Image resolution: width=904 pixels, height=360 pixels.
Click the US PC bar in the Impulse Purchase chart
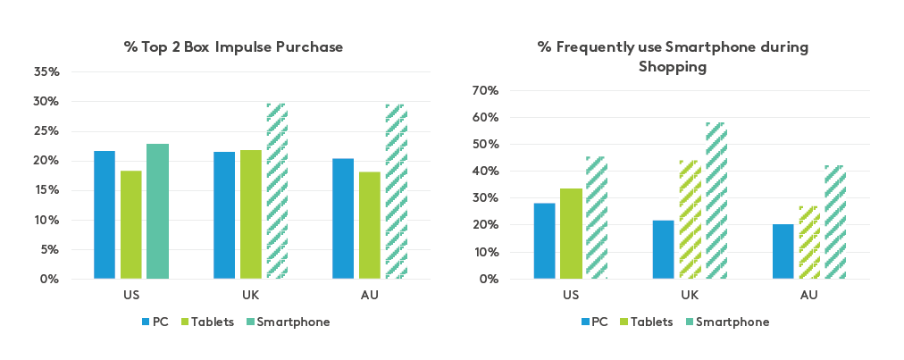tap(105, 215)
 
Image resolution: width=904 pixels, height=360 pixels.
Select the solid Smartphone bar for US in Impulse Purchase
tap(157, 212)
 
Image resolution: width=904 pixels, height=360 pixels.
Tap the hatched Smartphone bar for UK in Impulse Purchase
tap(277, 191)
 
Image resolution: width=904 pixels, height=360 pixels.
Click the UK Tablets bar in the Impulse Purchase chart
tap(250, 214)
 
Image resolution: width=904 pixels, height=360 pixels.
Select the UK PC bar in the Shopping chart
tap(663, 249)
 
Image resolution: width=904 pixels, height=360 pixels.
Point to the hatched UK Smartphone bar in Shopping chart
tap(716, 201)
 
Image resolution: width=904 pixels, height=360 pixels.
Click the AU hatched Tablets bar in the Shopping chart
tap(808, 242)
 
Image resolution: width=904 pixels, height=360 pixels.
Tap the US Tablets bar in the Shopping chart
tap(571, 233)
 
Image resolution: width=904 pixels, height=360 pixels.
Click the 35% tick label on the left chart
tap(47, 71)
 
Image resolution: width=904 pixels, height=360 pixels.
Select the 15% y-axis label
tap(47, 190)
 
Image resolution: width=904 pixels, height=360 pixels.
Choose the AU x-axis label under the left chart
tap(370, 294)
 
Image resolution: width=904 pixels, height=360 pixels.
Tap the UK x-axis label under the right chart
tap(690, 294)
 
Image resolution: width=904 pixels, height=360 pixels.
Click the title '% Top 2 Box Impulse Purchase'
tap(233, 46)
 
